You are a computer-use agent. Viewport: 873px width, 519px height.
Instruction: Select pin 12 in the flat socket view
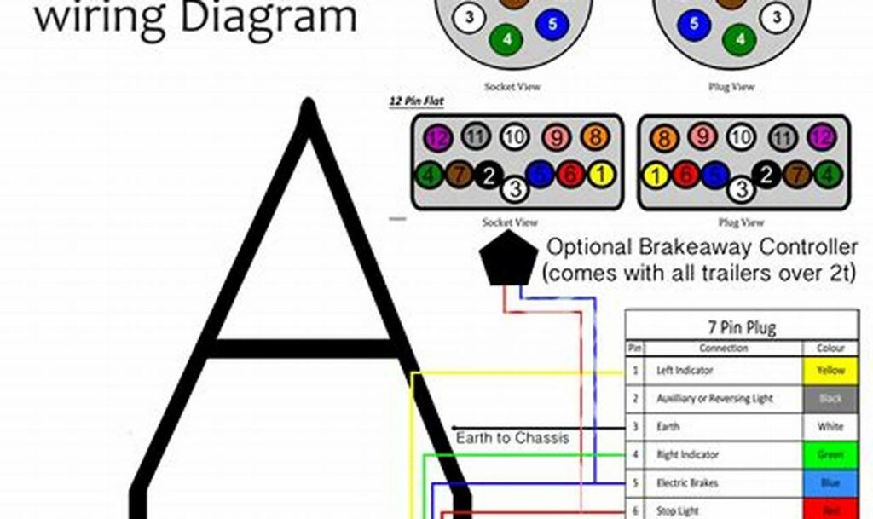click(x=436, y=138)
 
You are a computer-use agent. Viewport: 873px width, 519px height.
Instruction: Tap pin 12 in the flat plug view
click(x=822, y=138)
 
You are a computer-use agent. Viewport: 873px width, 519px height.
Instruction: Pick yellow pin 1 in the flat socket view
click(x=600, y=176)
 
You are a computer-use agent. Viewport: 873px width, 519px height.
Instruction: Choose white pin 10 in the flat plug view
click(x=742, y=138)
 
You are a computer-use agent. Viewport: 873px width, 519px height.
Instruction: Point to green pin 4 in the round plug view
click(x=739, y=38)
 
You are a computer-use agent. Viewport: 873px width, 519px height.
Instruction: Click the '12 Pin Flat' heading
click(x=415, y=101)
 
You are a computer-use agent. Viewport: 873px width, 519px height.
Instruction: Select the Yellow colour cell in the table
click(x=830, y=371)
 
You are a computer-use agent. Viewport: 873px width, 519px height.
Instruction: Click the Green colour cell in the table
click(x=830, y=455)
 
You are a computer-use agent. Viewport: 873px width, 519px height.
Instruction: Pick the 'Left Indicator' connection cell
click(x=685, y=371)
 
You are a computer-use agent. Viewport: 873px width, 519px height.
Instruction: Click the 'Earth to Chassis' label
click(x=512, y=438)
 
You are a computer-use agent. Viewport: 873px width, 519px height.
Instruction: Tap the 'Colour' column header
click(x=830, y=349)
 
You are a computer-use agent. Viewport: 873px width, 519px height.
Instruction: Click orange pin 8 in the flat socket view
click(x=594, y=138)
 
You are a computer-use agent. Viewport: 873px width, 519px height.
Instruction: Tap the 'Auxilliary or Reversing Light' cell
click(x=714, y=399)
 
